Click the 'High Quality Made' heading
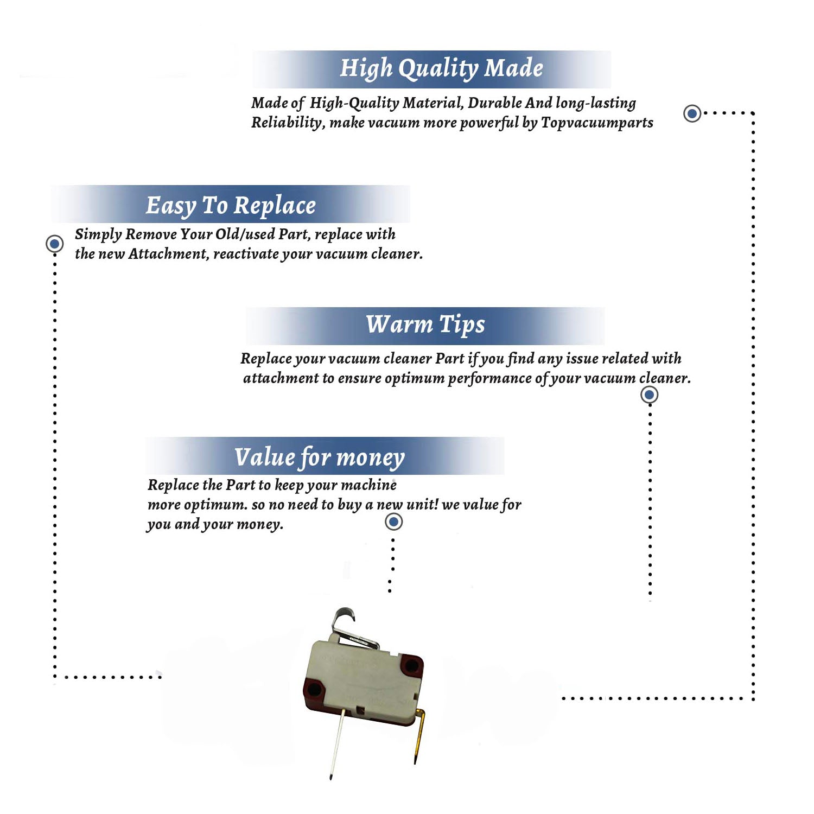(441, 69)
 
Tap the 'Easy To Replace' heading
(231, 206)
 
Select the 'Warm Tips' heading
(425, 325)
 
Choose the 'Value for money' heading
(320, 457)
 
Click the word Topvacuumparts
(597, 123)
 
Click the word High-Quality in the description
(354, 103)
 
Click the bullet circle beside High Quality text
(692, 113)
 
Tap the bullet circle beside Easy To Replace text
(54, 244)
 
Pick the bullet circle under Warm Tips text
(650, 395)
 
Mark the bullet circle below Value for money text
(393, 522)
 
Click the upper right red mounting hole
(412, 665)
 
